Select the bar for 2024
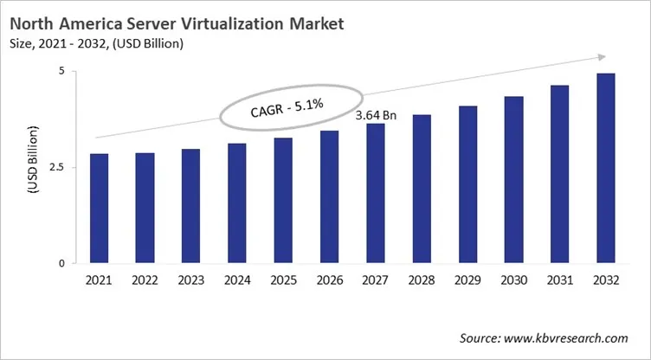tap(235, 203)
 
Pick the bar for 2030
tap(513, 179)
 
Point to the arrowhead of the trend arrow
tap(599, 57)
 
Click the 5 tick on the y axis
tap(61, 71)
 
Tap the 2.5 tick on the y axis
tap(56, 167)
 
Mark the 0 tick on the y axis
tap(61, 263)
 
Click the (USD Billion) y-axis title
tap(33, 168)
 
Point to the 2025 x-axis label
tap(282, 280)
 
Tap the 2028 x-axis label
tap(422, 280)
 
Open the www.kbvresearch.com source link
tap(572, 337)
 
